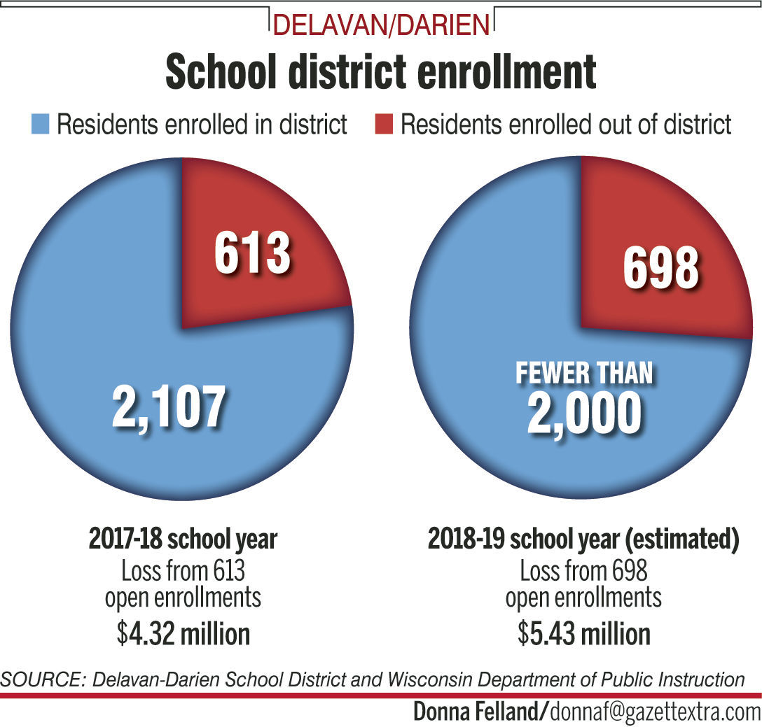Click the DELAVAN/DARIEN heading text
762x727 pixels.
coord(381,25)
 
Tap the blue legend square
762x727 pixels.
coord(41,126)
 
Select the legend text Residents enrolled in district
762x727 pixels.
coord(202,125)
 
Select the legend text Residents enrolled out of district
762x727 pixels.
coord(566,125)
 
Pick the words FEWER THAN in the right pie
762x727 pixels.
coord(584,373)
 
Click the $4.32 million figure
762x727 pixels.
coord(183,634)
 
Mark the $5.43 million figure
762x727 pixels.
coord(583,634)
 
